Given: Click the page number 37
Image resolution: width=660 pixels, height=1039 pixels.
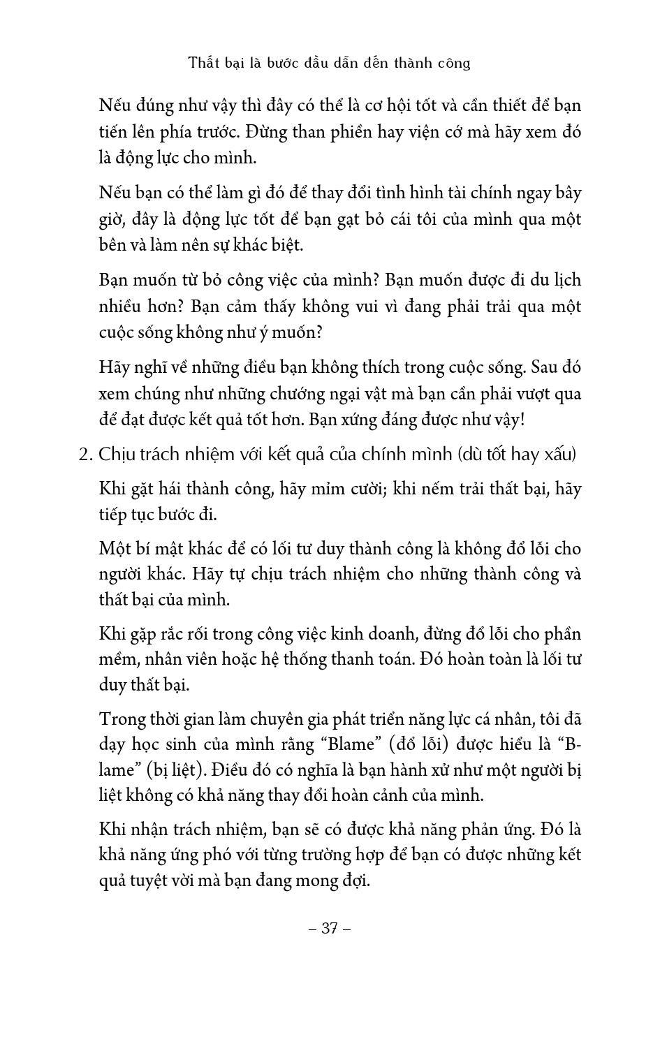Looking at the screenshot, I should (x=329, y=929).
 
